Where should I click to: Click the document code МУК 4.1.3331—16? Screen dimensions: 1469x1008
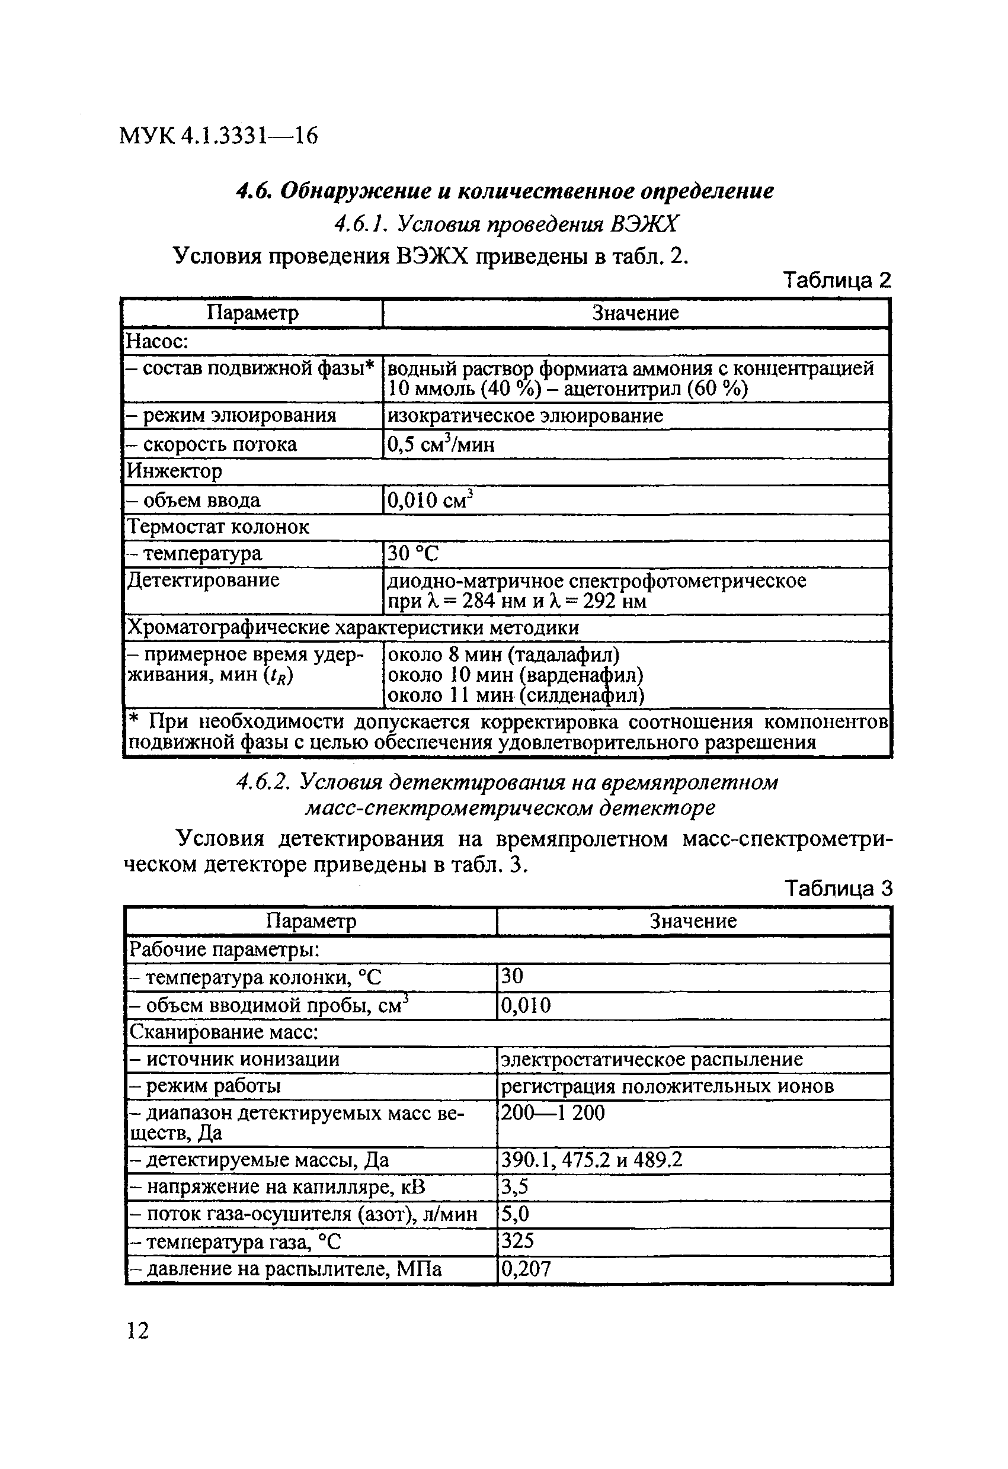click(x=218, y=135)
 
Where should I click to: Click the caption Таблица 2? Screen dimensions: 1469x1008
click(x=837, y=280)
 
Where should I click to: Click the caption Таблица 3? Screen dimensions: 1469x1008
click(x=838, y=889)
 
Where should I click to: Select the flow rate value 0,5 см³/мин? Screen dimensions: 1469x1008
click(x=441, y=444)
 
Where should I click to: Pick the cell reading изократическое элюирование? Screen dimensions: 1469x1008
click(x=525, y=416)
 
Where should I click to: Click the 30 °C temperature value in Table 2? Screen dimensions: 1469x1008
click(x=412, y=554)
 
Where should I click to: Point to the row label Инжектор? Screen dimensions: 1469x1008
click(x=175, y=472)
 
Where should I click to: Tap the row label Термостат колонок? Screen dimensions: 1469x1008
click(x=218, y=527)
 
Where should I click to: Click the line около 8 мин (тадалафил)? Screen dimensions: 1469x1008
click(x=503, y=654)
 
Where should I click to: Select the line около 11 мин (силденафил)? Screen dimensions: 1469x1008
click(x=516, y=696)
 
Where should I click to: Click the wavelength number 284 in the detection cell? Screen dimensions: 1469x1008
click(x=478, y=601)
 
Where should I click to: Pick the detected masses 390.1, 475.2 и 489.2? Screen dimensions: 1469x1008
click(x=591, y=1160)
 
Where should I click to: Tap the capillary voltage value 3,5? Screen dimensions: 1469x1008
click(x=514, y=1187)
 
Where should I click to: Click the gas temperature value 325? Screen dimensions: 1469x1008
click(x=517, y=1241)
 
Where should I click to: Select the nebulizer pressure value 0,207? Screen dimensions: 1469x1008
click(x=526, y=1268)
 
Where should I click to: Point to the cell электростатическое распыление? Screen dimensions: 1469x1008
click(x=651, y=1060)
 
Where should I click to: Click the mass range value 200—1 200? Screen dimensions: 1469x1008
click(x=553, y=1112)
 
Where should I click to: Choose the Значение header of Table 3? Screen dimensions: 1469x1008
click(x=693, y=921)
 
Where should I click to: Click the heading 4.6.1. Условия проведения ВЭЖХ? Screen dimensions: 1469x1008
click(x=506, y=224)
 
